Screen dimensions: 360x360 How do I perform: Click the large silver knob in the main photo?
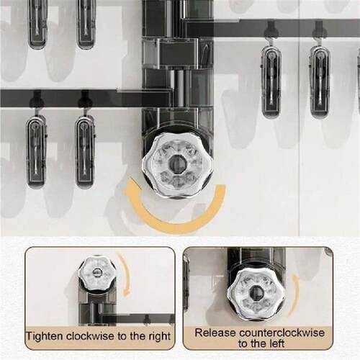click(178, 165)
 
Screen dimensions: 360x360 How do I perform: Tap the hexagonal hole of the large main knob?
click(177, 163)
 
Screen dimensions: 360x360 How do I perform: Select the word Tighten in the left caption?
click(45, 336)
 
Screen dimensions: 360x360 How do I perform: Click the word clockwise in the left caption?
click(91, 336)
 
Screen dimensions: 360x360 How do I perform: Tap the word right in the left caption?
click(159, 337)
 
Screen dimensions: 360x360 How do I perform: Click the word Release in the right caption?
click(215, 333)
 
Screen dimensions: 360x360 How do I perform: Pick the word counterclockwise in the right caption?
click(282, 333)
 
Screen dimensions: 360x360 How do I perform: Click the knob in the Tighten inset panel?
click(96, 272)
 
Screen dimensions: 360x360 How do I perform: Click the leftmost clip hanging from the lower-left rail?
click(37, 150)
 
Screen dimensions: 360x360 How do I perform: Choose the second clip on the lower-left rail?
click(85, 150)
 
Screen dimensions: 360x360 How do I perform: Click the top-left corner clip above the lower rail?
click(37, 24)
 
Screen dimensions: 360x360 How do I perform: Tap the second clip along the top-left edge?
click(86, 24)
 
